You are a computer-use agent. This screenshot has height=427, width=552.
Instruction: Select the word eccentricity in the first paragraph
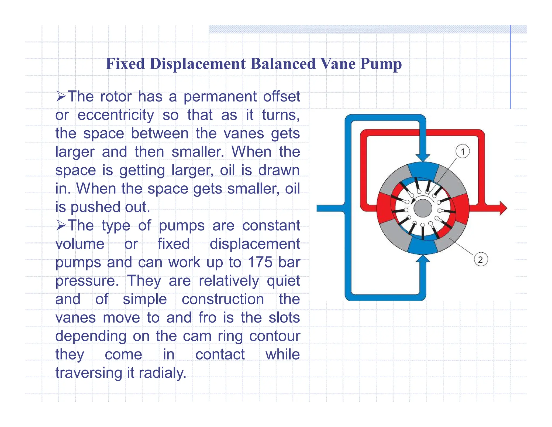(x=116, y=115)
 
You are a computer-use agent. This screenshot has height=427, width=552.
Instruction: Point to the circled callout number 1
(x=463, y=151)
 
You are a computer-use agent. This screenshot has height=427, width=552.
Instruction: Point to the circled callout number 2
(x=481, y=260)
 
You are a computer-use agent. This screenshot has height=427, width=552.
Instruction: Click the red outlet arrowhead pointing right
(x=503, y=208)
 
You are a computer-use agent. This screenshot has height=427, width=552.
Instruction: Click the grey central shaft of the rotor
(x=423, y=208)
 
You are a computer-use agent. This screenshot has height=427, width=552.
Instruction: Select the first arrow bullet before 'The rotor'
(x=61, y=96)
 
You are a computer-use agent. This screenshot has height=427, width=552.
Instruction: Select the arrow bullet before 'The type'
(x=61, y=225)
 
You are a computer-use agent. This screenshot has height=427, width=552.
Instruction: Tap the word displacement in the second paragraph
(x=255, y=244)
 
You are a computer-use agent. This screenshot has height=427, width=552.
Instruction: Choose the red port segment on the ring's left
(x=384, y=208)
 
